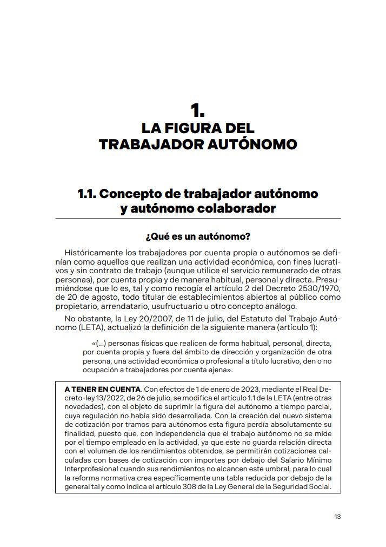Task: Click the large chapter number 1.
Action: coord(198,111)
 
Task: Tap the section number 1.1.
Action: coord(87,194)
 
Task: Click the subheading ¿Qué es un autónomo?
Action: coord(198,238)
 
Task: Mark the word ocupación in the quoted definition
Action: coord(102,370)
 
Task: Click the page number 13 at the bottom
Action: coord(337,516)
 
